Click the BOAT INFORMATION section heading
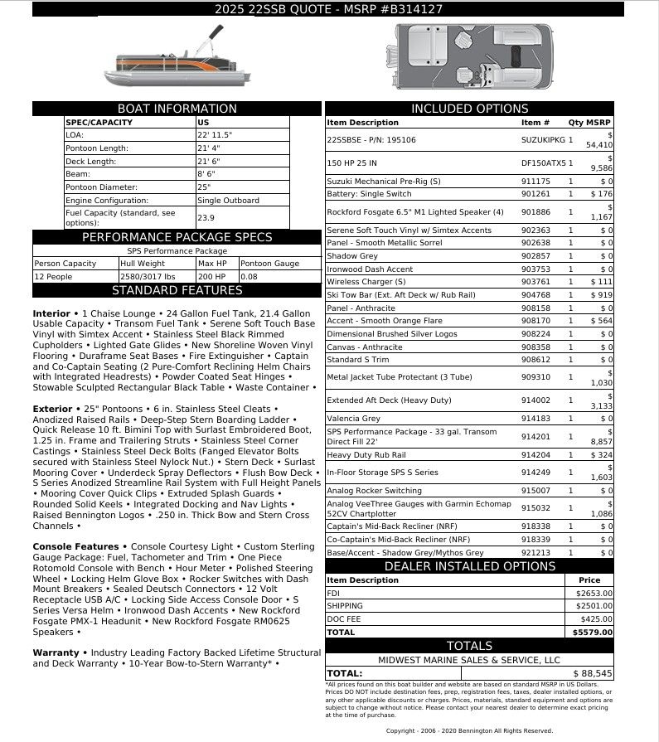point(177,109)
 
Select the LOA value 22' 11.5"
point(215,134)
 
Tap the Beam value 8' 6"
point(206,174)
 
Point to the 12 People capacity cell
point(54,276)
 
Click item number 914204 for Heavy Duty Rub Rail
point(535,455)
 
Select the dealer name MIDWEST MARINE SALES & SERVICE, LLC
point(469,660)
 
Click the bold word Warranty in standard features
point(56,653)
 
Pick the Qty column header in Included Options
point(574,123)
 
